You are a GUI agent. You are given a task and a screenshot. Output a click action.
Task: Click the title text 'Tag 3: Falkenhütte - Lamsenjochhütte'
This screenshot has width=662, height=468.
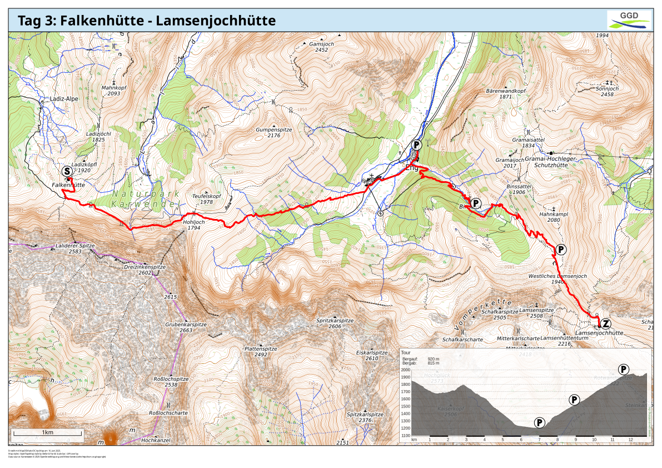147,21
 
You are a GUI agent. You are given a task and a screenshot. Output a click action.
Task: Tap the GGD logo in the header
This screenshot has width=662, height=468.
629,19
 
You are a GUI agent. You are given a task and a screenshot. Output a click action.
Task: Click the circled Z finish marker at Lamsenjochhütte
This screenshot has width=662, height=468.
606,323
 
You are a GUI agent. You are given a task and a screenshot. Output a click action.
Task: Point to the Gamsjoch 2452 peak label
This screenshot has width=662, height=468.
321,47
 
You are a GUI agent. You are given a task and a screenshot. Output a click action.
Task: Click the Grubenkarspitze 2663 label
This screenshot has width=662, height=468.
186,327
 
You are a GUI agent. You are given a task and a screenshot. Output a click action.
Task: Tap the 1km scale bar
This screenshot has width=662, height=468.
48,432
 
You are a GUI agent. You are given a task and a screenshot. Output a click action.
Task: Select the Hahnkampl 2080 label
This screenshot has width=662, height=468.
553,217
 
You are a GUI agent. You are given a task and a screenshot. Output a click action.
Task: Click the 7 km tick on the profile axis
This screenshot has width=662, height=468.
539,440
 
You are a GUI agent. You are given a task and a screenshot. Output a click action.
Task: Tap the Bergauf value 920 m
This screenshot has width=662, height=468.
433,359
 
